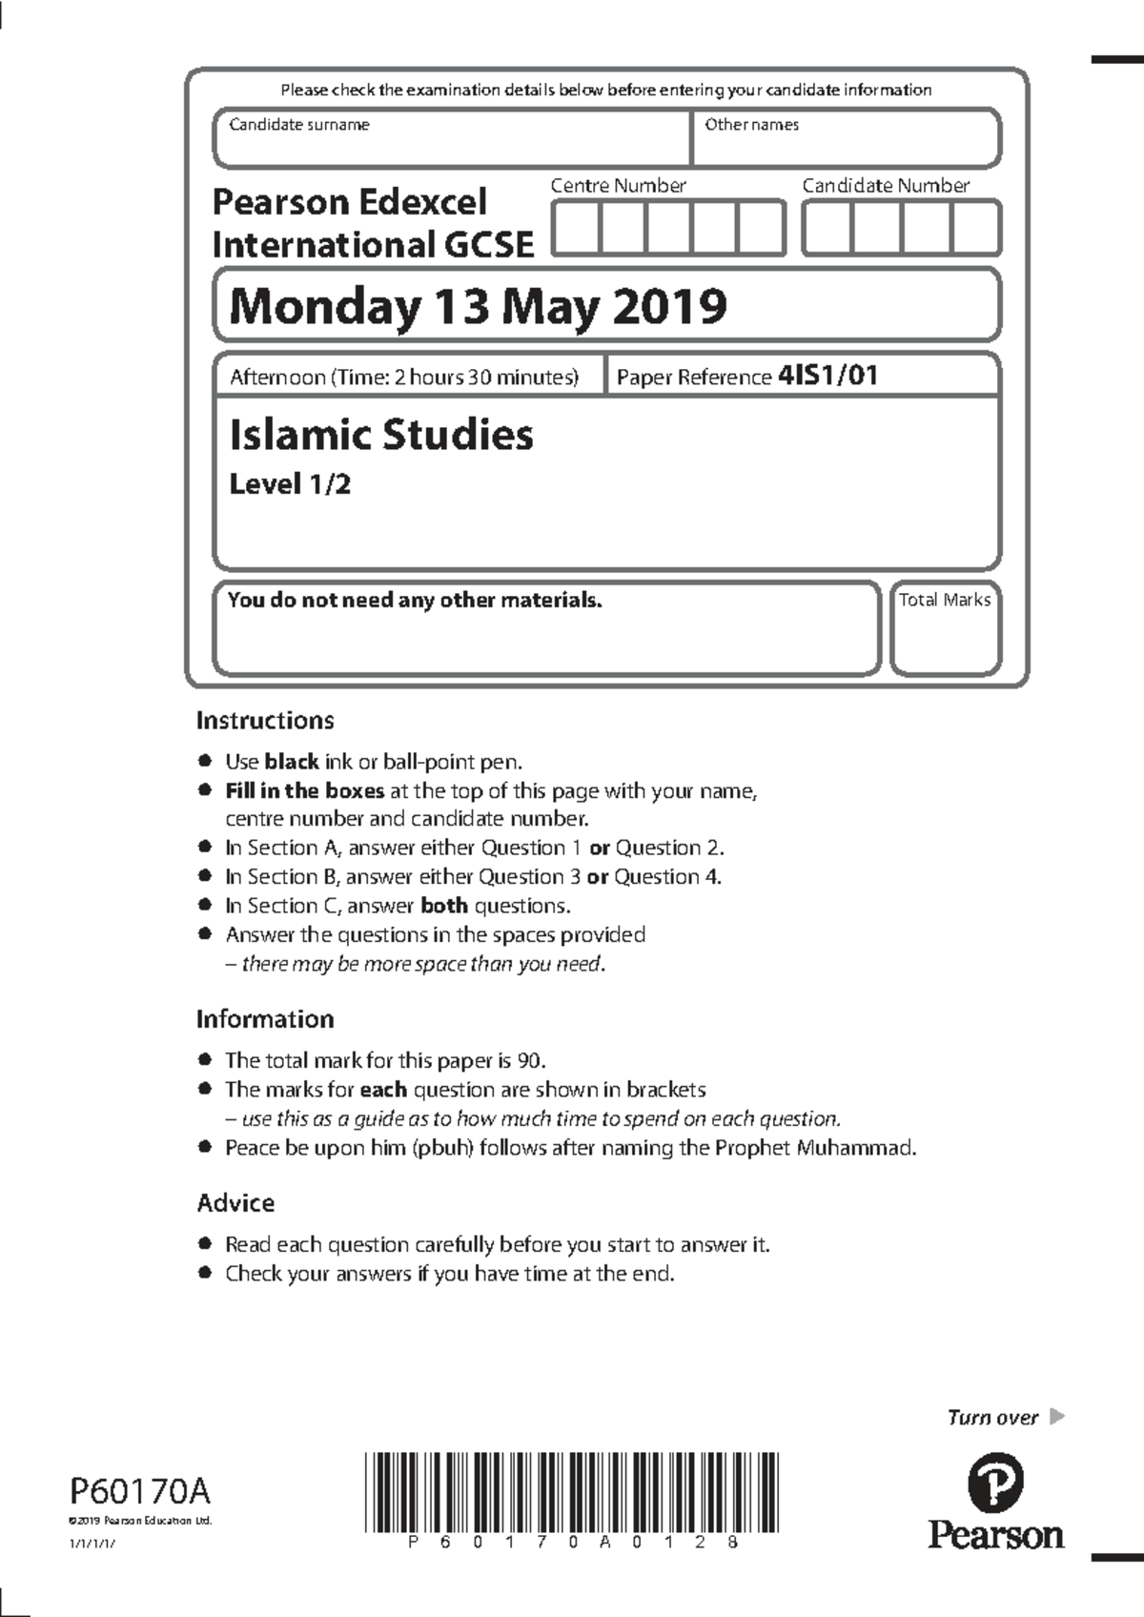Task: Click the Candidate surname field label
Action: pos(298,125)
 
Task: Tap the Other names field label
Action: pos(751,125)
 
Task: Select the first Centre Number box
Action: pos(577,229)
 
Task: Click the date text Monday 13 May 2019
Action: pos(478,307)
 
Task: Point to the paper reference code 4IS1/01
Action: pos(827,376)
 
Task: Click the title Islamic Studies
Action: pos(381,435)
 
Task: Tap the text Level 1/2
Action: pos(290,484)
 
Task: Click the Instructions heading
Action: pos(265,721)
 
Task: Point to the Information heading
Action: pos(265,1019)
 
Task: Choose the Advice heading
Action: pos(235,1203)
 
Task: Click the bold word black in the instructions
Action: pos(291,762)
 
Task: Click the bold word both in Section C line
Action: pos(443,906)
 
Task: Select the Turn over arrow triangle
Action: pos(1055,1417)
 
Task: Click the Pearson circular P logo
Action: pos(995,1484)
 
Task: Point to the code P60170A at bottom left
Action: pos(139,1489)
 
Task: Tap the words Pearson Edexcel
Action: pos(349,202)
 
